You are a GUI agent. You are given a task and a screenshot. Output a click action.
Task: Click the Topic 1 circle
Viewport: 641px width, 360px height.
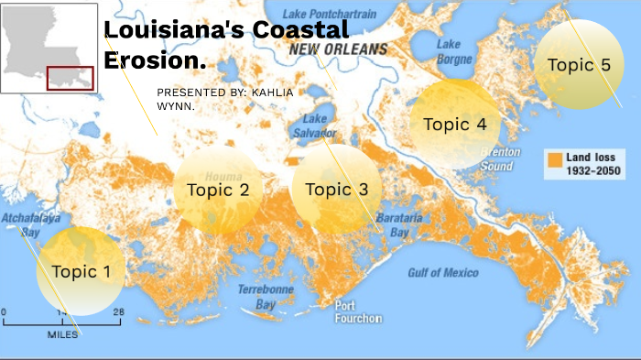click(81, 271)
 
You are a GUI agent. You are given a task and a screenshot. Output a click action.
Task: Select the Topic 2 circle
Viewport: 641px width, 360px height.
click(218, 191)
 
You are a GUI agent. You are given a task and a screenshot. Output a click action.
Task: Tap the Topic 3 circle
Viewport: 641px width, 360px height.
click(336, 190)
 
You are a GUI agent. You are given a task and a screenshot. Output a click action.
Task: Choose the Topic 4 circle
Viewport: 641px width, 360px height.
click(454, 125)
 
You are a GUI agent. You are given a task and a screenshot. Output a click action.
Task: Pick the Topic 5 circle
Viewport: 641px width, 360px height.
click(579, 64)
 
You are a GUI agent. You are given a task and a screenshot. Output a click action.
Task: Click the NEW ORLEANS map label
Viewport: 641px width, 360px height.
click(338, 49)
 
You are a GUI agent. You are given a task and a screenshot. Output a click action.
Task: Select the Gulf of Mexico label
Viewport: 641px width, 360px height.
click(443, 272)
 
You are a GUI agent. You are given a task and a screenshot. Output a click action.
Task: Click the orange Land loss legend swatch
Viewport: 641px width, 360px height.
click(555, 160)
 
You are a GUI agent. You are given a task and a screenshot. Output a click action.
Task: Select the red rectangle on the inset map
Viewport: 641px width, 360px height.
click(71, 79)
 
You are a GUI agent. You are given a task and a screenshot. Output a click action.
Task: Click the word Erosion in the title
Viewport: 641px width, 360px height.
click(155, 60)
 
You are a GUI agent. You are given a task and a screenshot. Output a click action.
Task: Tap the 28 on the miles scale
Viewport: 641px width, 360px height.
click(117, 312)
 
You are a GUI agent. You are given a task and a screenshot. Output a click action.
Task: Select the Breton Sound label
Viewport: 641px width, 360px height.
click(500, 159)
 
